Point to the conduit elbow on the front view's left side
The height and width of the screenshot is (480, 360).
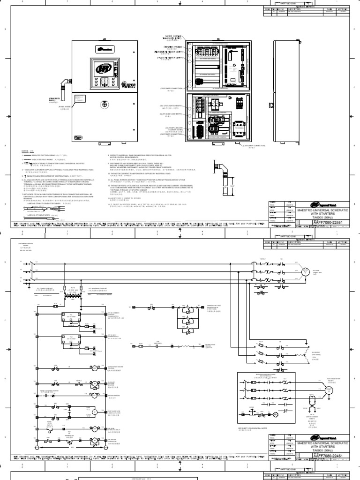click(x=63, y=87)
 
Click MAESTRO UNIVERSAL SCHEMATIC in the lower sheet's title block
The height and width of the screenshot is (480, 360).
click(x=323, y=443)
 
